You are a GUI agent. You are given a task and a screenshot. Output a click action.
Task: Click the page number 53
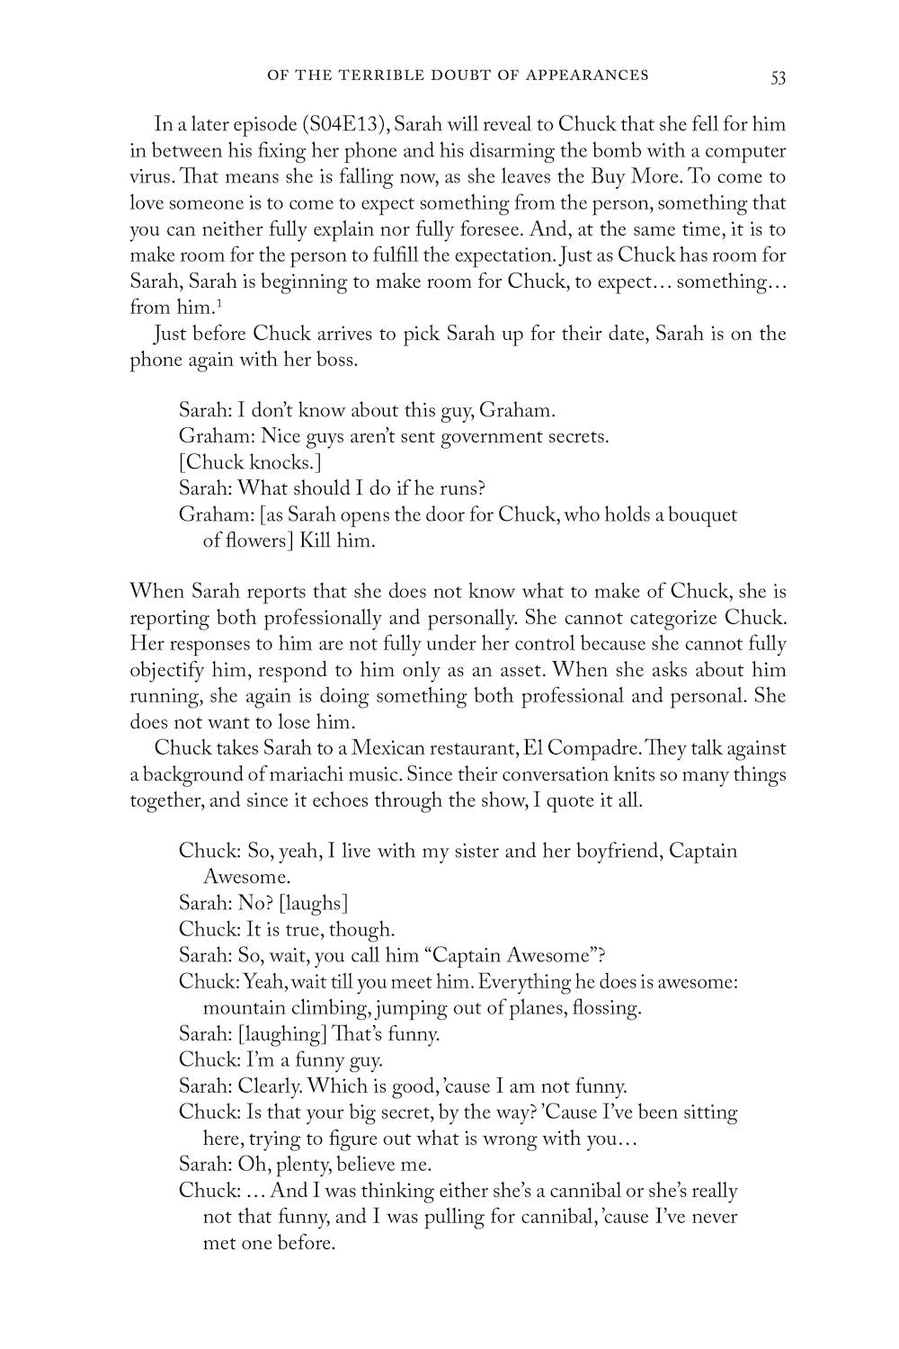pyautogui.click(x=778, y=76)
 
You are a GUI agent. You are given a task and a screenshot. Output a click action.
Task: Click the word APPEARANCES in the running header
pyautogui.click(x=590, y=76)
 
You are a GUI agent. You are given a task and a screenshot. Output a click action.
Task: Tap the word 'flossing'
pyautogui.click(x=606, y=1007)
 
